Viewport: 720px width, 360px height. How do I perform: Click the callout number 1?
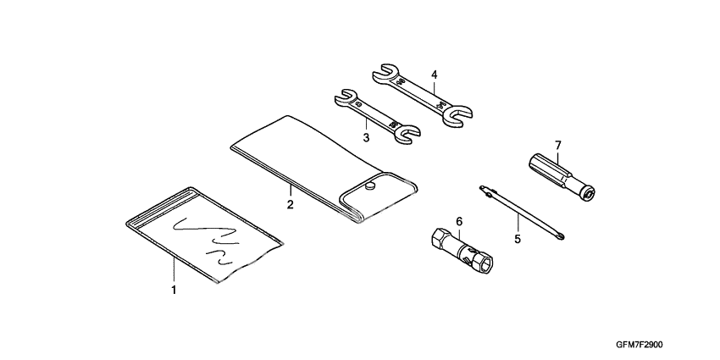point(174,291)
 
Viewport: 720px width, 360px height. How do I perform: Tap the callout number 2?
point(290,204)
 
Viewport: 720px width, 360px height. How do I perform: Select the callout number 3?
point(366,136)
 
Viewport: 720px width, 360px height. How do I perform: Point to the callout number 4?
point(433,75)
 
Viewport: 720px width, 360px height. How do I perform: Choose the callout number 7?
point(558,145)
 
